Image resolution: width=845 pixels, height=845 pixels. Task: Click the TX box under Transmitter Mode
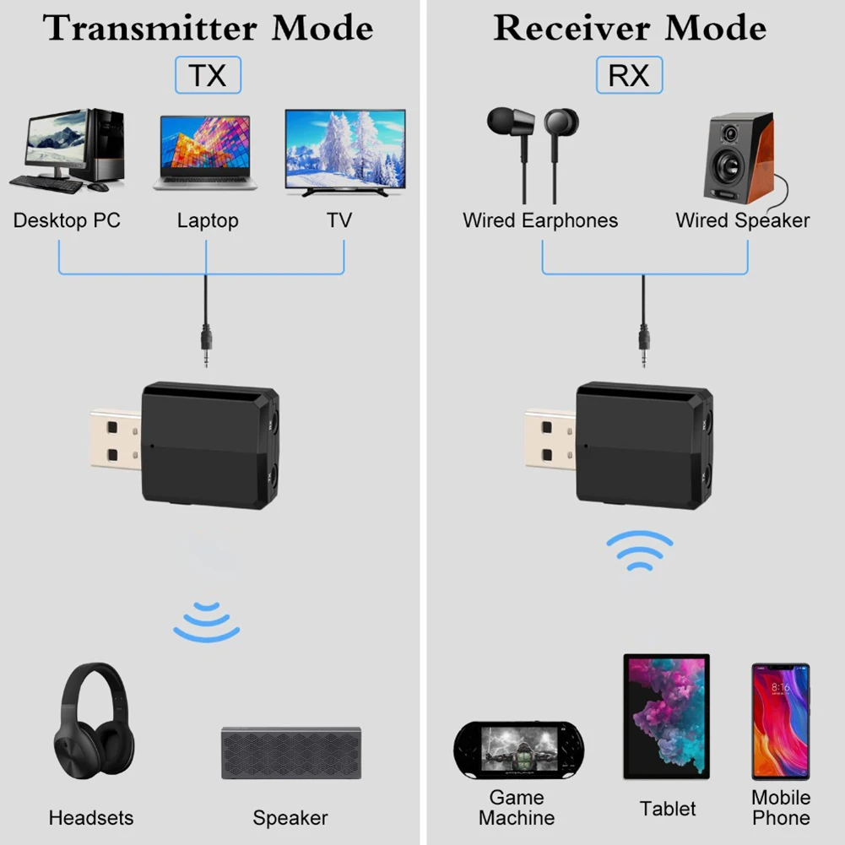[x=208, y=75]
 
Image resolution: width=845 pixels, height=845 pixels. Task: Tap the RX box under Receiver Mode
[x=629, y=75]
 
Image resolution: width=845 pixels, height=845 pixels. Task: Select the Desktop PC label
[x=67, y=220]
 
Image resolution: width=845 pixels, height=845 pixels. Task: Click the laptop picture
[x=204, y=152]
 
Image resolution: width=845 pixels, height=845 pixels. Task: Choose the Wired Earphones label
[x=540, y=220]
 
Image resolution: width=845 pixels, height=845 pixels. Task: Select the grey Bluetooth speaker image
[x=290, y=752]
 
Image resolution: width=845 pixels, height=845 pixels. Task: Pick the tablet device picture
[x=666, y=717]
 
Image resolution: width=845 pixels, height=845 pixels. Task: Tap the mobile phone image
[x=780, y=721]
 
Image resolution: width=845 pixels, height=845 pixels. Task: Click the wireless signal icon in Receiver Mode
[x=640, y=551]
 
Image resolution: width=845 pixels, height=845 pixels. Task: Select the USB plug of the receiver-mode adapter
[x=550, y=436]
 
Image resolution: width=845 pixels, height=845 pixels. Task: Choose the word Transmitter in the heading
[x=150, y=28]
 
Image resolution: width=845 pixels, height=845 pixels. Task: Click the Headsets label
[x=91, y=817]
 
